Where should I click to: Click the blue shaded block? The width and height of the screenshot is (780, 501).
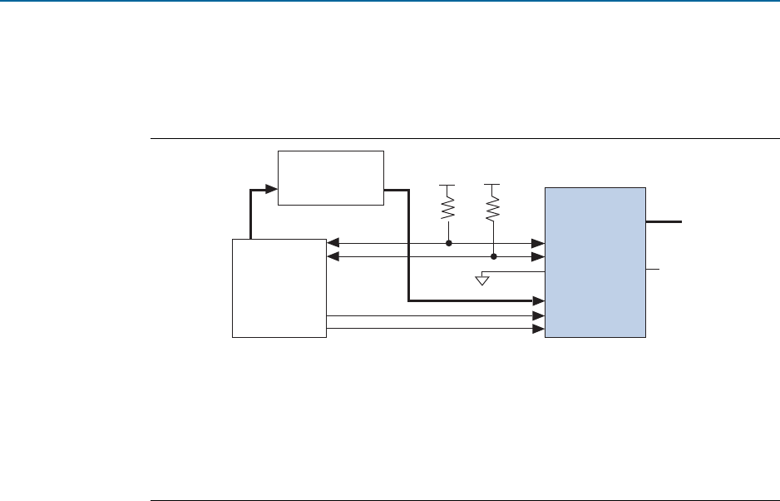(595, 262)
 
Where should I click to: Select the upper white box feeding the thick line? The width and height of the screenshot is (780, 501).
(331, 177)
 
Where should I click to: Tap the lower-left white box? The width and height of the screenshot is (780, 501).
(279, 288)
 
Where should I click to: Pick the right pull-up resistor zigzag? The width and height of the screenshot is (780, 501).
(493, 206)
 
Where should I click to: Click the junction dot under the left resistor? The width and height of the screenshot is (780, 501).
(449, 244)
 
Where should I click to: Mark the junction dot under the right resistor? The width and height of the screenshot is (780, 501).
(493, 256)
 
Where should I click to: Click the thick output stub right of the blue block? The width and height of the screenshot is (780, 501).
(664, 222)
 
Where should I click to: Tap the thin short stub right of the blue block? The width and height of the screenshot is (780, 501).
(653, 270)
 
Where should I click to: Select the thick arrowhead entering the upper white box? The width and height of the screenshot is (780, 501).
(271, 191)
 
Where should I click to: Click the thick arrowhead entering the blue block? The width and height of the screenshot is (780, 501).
(538, 300)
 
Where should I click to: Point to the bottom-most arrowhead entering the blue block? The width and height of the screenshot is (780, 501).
(539, 329)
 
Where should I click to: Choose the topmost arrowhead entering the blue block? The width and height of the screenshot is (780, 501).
(539, 244)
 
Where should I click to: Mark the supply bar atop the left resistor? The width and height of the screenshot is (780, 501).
(448, 184)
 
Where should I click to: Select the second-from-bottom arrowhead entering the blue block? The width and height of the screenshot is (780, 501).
(539, 316)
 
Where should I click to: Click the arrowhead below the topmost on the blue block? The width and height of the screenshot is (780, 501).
(539, 256)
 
